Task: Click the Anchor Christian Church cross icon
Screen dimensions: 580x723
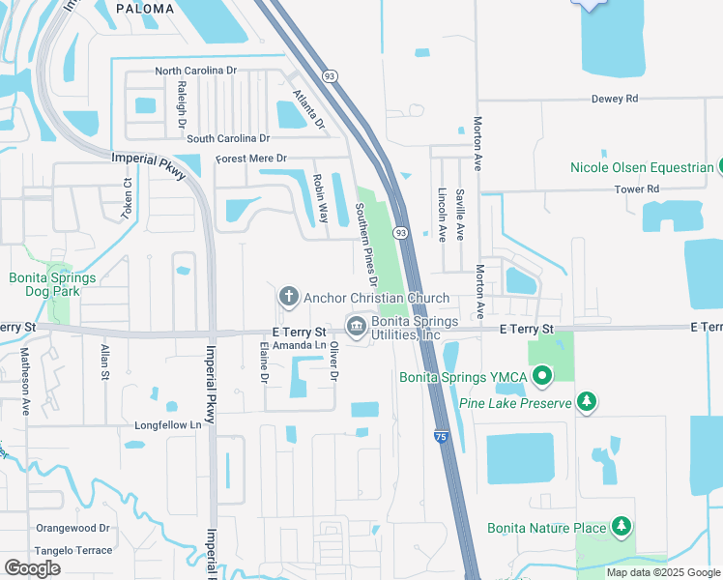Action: [x=287, y=296]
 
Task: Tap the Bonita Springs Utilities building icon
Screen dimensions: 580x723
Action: [x=356, y=326]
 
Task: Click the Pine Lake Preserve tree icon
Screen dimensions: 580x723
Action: [x=585, y=401]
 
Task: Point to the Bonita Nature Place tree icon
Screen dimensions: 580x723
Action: [x=622, y=527]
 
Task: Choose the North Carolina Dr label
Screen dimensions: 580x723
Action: [x=196, y=71]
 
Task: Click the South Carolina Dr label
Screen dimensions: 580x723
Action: [x=228, y=139]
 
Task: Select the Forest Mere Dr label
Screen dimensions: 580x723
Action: [x=251, y=159]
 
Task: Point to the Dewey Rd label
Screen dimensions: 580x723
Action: [x=616, y=99]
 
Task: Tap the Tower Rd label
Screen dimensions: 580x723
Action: [x=639, y=188]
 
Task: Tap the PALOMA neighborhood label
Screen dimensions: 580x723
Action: [x=145, y=9]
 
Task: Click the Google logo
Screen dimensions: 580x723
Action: [x=32, y=568]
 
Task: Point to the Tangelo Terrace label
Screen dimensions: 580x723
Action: [x=74, y=549]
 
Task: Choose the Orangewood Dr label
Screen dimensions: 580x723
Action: [x=73, y=529]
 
